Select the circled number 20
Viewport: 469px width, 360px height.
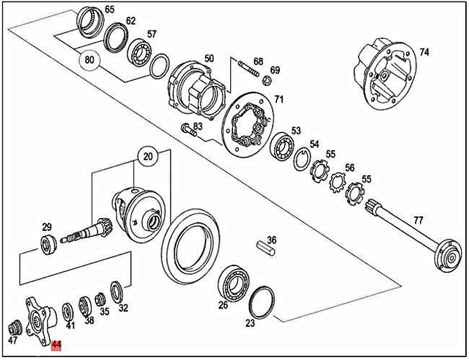click(149, 156)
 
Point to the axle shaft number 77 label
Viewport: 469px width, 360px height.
click(418, 220)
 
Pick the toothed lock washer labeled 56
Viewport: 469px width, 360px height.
click(338, 181)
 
